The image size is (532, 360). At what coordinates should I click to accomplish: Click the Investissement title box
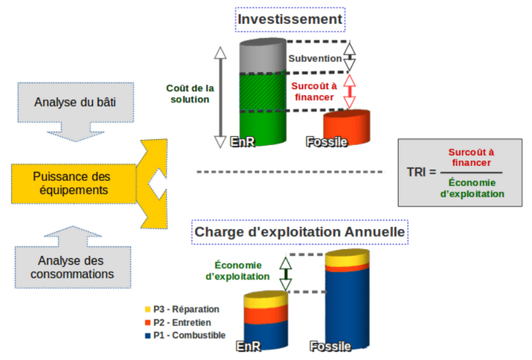coord(290,19)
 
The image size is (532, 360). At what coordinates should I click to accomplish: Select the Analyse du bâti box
coord(76,103)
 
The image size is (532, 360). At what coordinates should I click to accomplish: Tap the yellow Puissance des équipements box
coord(74,184)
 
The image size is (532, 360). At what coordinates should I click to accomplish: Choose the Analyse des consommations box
coord(73,267)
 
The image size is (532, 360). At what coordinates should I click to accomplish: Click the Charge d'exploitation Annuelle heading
coord(300,232)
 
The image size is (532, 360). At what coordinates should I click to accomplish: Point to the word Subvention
coord(315,58)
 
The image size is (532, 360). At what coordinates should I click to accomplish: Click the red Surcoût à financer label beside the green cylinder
coord(314,91)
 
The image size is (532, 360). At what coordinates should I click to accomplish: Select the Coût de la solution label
coord(190,94)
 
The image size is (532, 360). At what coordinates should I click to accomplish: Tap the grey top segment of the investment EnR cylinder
coord(263,56)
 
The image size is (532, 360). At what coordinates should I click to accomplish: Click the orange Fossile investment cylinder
coord(347,127)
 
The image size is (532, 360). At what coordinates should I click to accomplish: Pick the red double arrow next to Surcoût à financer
coord(350,91)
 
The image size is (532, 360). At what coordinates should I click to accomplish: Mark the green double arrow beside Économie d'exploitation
coord(286,274)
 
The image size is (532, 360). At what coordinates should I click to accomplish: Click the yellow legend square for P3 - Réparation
coord(147,309)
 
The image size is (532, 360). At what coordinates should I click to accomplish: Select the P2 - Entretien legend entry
coord(178,322)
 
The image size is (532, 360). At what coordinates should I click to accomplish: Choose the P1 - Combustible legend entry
coord(185,335)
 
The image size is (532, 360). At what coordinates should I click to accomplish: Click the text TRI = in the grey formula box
coord(421,172)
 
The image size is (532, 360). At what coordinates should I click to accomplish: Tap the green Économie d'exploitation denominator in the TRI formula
coord(472,188)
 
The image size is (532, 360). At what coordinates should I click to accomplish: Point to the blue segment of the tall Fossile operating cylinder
coord(347,309)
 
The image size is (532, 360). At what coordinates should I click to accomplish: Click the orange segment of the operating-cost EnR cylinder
coord(266,315)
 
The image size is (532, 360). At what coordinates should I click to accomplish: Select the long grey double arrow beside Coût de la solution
coord(220,97)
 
